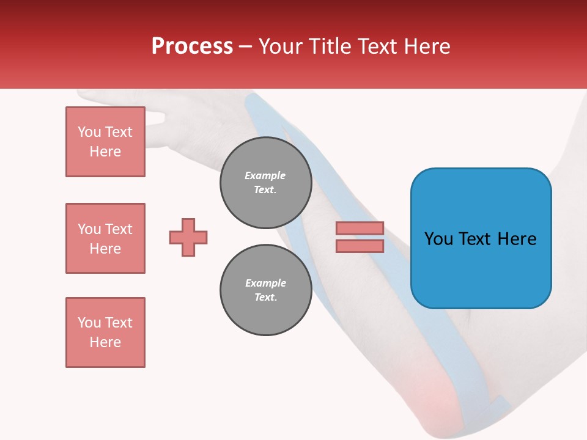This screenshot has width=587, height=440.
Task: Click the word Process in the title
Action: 192,46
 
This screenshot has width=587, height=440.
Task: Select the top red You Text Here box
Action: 105,142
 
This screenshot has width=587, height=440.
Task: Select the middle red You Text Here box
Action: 105,238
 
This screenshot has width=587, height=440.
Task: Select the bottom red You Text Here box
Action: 105,332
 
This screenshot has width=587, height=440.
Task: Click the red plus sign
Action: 188,237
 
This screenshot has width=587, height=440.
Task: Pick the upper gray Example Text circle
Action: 265,183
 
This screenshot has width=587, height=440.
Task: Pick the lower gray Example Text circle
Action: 265,290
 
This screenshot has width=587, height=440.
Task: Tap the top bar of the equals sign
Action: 360,228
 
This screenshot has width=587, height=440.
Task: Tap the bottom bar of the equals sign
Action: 360,246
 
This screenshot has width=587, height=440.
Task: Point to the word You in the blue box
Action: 439,239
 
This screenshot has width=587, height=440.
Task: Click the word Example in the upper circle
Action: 265,175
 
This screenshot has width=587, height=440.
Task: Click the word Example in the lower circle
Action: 265,283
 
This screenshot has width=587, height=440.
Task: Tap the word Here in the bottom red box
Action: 105,342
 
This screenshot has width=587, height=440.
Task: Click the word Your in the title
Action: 281,46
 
